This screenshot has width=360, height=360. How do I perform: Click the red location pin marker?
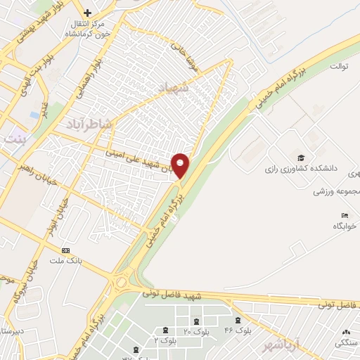coord(181,165)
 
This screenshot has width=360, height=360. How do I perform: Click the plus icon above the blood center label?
coord(87,13)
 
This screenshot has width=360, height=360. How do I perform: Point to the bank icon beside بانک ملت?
coord(66,250)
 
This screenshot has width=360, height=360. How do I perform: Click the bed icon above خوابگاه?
coord(344,215)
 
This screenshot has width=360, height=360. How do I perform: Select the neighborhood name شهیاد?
coord(190,88)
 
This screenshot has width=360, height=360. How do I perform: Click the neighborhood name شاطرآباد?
coord(89,124)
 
